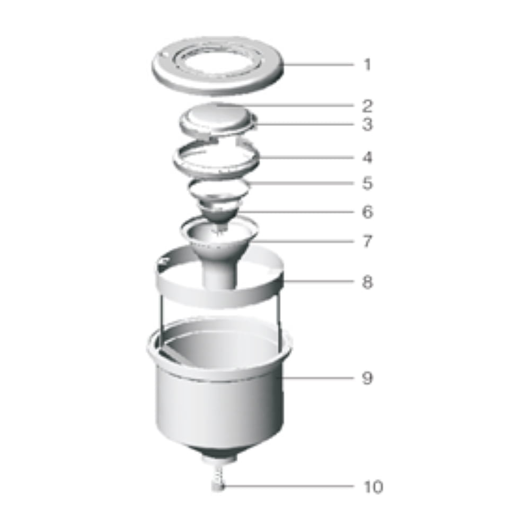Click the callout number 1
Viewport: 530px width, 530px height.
[367, 64]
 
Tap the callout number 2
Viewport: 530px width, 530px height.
[367, 106]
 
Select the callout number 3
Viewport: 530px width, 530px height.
[367, 124]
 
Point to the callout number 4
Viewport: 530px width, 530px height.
[367, 157]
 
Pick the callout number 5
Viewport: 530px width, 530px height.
[367, 183]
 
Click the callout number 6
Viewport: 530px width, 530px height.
[367, 212]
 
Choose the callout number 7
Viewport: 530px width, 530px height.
[367, 241]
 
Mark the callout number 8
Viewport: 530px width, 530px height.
[367, 281]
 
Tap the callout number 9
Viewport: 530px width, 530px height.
[367, 377]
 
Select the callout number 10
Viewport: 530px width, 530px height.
[373, 487]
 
